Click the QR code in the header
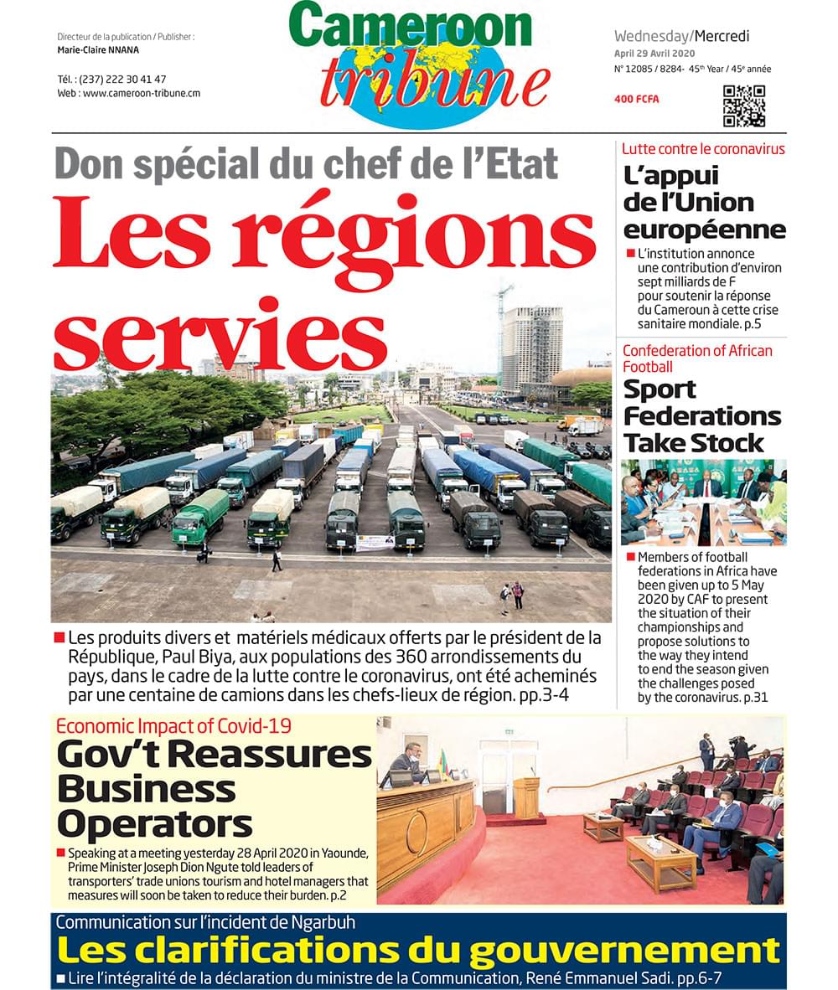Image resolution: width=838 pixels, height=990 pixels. pyautogui.click(x=744, y=106)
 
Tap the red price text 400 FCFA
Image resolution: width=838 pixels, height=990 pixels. pyautogui.click(x=637, y=99)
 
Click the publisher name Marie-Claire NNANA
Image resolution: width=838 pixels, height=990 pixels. pyautogui.click(x=92, y=49)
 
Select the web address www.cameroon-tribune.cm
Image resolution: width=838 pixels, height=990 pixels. pyautogui.click(x=142, y=93)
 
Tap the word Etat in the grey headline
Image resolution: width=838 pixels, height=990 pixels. pyautogui.click(x=518, y=162)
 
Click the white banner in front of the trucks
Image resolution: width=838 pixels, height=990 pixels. pyautogui.click(x=375, y=543)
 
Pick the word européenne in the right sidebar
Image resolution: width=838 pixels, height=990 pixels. pyautogui.click(x=704, y=229)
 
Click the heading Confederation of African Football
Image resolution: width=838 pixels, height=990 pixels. pyautogui.click(x=697, y=358)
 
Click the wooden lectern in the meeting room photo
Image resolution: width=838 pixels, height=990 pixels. pyautogui.click(x=526, y=797)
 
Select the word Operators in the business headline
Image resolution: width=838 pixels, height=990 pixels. pyautogui.click(x=154, y=824)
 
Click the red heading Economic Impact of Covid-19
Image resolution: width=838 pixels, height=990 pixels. pyautogui.click(x=173, y=726)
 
